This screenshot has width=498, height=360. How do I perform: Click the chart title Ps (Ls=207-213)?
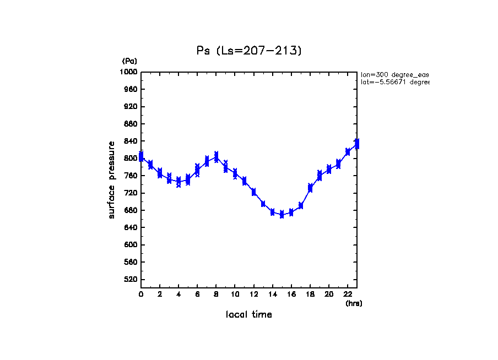click(x=249, y=51)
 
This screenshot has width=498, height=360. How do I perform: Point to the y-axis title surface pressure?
click(x=112, y=180)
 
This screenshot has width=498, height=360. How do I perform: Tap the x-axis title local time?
click(x=249, y=315)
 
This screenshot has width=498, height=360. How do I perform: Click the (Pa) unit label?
click(x=129, y=62)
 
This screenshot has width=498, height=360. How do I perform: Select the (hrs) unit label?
click(x=354, y=303)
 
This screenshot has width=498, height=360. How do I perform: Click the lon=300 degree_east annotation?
click(x=394, y=74)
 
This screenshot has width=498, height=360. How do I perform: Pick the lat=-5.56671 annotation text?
click(x=394, y=82)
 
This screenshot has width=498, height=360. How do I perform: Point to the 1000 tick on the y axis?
click(x=129, y=72)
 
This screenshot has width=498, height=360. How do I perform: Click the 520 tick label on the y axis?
click(x=131, y=280)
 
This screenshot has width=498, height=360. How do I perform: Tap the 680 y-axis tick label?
click(x=131, y=210)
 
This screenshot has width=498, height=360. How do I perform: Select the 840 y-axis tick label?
click(x=131, y=141)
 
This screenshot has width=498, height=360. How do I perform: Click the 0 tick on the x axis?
click(x=141, y=294)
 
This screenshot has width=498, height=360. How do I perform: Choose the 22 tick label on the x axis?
click(x=348, y=294)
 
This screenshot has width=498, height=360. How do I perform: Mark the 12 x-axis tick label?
click(x=253, y=294)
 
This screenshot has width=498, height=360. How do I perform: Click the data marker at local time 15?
click(x=282, y=214)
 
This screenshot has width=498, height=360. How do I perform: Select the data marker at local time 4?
click(x=178, y=182)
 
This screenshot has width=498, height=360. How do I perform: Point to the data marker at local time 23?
click(x=357, y=144)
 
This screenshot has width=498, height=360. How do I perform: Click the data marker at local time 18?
click(x=310, y=188)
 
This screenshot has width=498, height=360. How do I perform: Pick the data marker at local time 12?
click(x=253, y=192)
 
